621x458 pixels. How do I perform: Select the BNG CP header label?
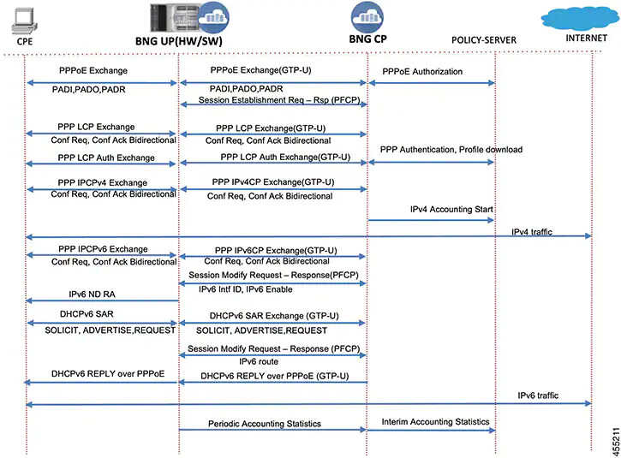[368, 39]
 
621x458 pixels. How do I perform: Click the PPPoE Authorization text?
[422, 72]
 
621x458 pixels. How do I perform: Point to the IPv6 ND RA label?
[93, 294]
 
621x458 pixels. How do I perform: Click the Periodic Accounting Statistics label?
[265, 424]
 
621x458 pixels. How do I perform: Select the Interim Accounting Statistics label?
[435, 421]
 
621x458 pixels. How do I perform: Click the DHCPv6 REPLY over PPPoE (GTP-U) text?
[274, 376]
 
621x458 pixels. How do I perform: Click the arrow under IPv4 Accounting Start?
[432, 221]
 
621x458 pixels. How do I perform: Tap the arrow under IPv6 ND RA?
[103, 300]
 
